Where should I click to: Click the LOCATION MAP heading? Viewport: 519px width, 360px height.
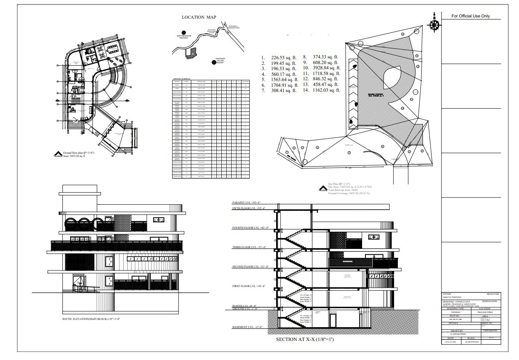(199, 17)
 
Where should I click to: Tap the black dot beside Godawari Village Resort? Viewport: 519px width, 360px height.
(214, 62)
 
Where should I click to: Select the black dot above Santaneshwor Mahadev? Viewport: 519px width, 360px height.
(184, 32)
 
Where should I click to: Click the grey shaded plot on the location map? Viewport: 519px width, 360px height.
(191, 53)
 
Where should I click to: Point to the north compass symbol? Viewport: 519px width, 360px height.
(434, 25)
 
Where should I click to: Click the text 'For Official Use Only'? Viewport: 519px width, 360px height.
(471, 16)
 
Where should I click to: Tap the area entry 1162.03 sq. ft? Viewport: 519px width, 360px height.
(326, 90)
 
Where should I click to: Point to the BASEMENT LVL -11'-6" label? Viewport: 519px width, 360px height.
(247, 327)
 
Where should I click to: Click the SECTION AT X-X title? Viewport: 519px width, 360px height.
(305, 339)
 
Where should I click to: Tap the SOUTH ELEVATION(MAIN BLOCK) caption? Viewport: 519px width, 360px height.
(91, 319)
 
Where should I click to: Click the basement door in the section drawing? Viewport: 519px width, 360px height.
(332, 321)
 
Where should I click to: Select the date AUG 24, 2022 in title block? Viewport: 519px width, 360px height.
(450, 342)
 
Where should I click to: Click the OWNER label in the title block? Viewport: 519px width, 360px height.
(446, 294)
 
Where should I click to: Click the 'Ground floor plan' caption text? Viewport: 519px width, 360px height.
(79, 153)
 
